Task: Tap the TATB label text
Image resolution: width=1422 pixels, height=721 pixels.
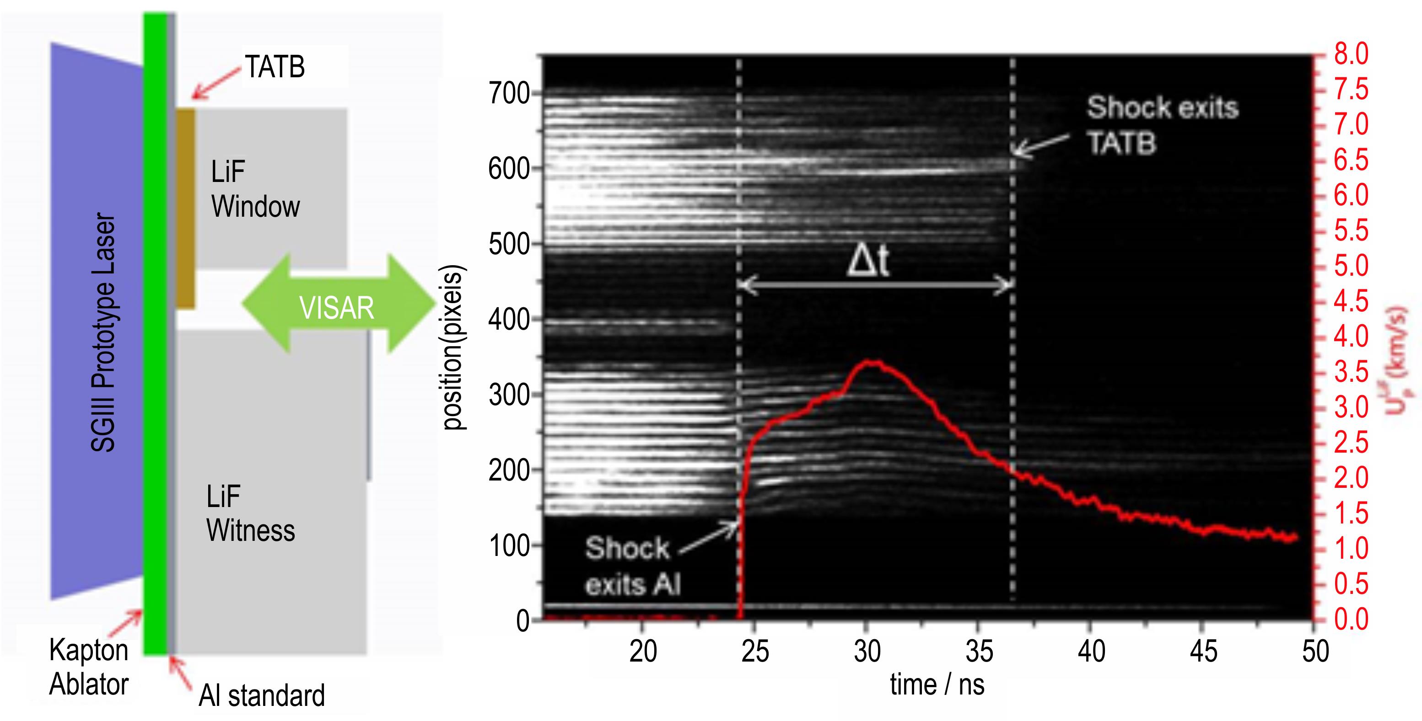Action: tap(275, 67)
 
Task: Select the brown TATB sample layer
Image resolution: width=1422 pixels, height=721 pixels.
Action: tap(185, 208)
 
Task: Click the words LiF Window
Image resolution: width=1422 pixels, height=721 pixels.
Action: tap(255, 189)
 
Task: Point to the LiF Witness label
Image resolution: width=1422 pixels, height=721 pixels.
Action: tap(250, 513)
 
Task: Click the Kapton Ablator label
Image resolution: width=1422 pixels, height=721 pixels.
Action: tap(88, 667)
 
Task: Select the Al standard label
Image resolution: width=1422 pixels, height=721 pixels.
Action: tap(262, 695)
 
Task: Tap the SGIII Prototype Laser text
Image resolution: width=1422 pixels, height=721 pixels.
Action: tap(103, 333)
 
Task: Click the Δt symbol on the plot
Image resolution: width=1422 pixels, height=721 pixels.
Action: tap(868, 261)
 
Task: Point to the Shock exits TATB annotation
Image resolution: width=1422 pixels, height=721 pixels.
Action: tap(1163, 125)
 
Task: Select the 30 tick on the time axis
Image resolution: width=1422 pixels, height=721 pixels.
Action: tap(867, 652)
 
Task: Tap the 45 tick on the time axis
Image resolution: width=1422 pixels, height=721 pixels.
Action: tap(1203, 652)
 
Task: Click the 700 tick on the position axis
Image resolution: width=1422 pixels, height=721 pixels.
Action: tap(509, 94)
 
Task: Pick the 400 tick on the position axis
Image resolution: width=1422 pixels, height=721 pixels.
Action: tap(509, 320)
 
